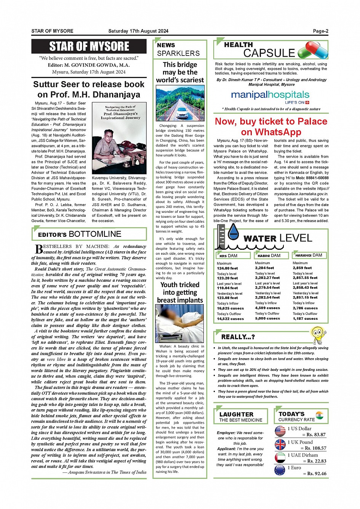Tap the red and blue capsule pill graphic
[313, 50]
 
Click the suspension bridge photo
[180, 103]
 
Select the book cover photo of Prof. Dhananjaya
[119, 139]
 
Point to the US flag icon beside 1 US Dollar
[280, 431]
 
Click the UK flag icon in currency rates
[280, 445]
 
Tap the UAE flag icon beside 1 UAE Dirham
[280, 458]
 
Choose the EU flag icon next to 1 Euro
[280, 470]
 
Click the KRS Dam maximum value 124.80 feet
[227, 268]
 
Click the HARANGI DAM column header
[309, 255]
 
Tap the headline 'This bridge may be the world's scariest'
[180, 72]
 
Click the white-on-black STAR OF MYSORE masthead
[89, 46]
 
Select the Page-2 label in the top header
[320, 31]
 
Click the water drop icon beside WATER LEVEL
[233, 232]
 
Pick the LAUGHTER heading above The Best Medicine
[236, 414]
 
